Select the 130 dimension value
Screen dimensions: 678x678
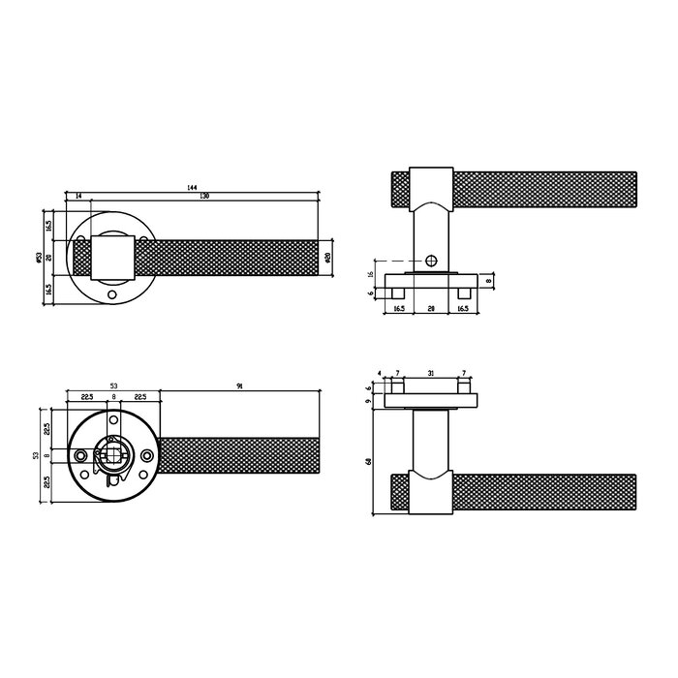(204, 197)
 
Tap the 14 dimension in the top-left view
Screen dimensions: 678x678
(77, 197)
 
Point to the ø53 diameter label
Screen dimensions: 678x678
(38, 257)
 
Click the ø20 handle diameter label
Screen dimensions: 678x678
(329, 257)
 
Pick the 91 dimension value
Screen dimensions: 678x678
(239, 385)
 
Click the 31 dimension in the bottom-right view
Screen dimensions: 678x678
(430, 374)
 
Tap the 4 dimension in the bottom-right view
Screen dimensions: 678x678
(382, 374)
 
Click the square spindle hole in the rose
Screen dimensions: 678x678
(112, 453)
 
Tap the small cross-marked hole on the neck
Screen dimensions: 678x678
(430, 261)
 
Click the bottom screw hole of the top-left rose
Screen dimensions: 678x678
(112, 293)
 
